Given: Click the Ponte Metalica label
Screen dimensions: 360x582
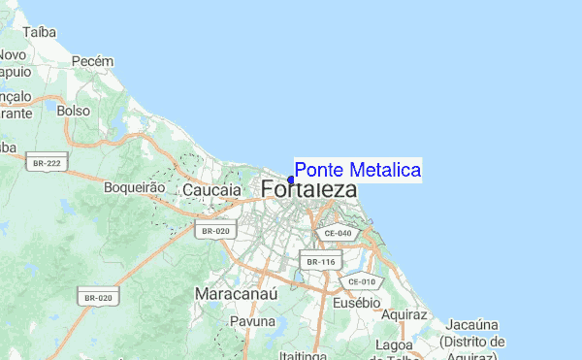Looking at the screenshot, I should (x=357, y=170).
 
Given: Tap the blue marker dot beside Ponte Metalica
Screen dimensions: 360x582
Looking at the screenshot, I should (x=291, y=179).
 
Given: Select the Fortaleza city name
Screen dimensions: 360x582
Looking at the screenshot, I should (x=308, y=190).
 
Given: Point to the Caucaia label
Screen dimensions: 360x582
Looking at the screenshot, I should (x=211, y=191).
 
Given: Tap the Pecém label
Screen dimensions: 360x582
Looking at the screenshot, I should (x=93, y=61).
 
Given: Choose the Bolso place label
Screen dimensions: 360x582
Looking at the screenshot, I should (x=74, y=112).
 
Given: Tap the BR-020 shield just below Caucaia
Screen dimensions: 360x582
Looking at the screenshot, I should (x=214, y=230).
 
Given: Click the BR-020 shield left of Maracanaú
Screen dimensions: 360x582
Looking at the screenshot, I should (x=99, y=298).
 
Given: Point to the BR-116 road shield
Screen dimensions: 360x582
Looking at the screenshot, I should (x=320, y=262).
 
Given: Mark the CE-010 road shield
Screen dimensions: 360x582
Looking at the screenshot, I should (x=362, y=281).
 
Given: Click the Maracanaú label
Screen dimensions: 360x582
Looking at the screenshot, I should (x=237, y=292).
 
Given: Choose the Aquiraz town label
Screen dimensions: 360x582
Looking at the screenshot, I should (x=404, y=315).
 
